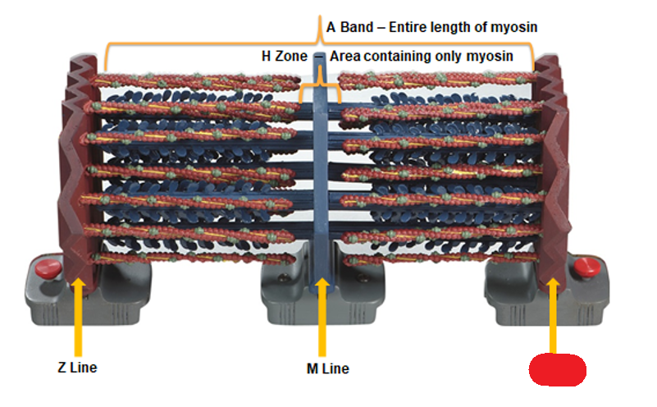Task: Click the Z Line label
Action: pos(72,367)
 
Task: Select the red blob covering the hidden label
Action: pos(558,370)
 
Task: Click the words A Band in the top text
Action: pos(349,27)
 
